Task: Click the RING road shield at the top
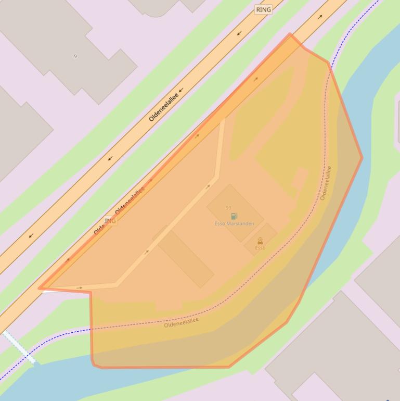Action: pyautogui.click(x=264, y=9)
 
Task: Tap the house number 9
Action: pyautogui.click(x=75, y=56)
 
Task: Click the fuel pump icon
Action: pyautogui.click(x=234, y=216)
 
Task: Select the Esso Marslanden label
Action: pyautogui.click(x=234, y=224)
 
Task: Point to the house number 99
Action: pyautogui.click(x=228, y=208)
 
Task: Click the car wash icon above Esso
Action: pyautogui.click(x=260, y=241)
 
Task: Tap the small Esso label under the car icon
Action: pyautogui.click(x=260, y=248)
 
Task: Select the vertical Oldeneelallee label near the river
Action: pyautogui.click(x=326, y=183)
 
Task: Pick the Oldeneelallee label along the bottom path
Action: pyautogui.click(x=182, y=322)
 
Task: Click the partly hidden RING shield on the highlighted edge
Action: pyautogui.click(x=110, y=221)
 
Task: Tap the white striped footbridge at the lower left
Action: pyautogui.click(x=19, y=347)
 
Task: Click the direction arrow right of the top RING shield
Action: pyautogui.click(x=320, y=17)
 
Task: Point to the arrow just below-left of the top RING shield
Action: pyautogui.click(x=240, y=33)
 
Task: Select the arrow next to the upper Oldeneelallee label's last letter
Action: pyautogui.click(x=182, y=90)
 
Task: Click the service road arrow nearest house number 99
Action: pyautogui.click(x=208, y=186)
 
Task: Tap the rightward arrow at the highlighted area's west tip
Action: pyautogui.click(x=79, y=287)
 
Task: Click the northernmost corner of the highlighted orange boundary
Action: pyautogui.click(x=290, y=34)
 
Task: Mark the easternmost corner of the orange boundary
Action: pyautogui.click(x=362, y=157)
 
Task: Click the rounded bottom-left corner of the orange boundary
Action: pyautogui.click(x=94, y=364)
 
